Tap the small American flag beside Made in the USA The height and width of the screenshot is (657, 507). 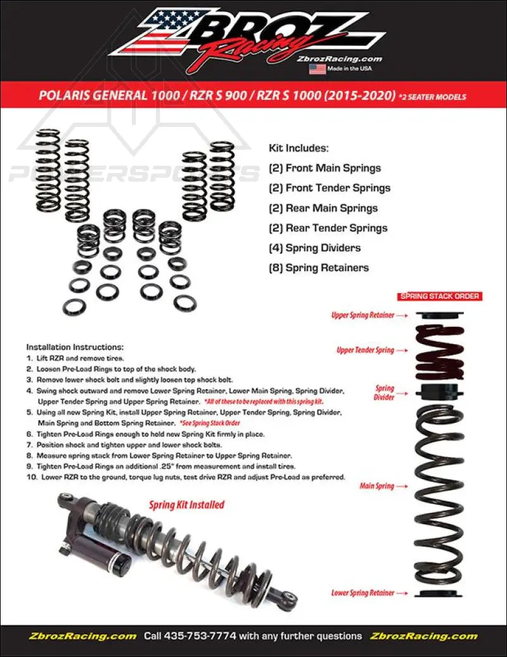pyautogui.click(x=317, y=69)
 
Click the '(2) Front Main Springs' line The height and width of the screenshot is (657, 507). pyautogui.click(x=324, y=168)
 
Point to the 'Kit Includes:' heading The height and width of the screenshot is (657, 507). pyautogui.click(x=298, y=148)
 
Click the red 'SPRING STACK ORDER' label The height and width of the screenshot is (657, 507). pyautogui.click(x=440, y=296)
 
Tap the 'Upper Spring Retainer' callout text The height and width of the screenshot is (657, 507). pyautogui.click(x=363, y=315)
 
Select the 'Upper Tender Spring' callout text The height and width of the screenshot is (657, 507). pyautogui.click(x=365, y=350)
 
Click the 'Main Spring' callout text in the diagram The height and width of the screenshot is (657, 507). pyautogui.click(x=376, y=486)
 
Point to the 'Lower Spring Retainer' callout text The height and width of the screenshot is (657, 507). pyautogui.click(x=363, y=593)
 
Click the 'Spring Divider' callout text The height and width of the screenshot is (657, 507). pyautogui.click(x=385, y=392)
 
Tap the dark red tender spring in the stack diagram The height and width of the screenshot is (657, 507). pyautogui.click(x=439, y=352)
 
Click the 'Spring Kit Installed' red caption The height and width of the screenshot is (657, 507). pyautogui.click(x=186, y=505)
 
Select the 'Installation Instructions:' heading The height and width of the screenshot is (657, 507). pyautogui.click(x=75, y=347)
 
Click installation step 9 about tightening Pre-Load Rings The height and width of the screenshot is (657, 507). pyautogui.click(x=181, y=466)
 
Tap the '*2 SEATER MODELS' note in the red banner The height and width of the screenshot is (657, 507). pyautogui.click(x=433, y=97)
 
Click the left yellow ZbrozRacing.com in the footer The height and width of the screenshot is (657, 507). pyautogui.click(x=82, y=635)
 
